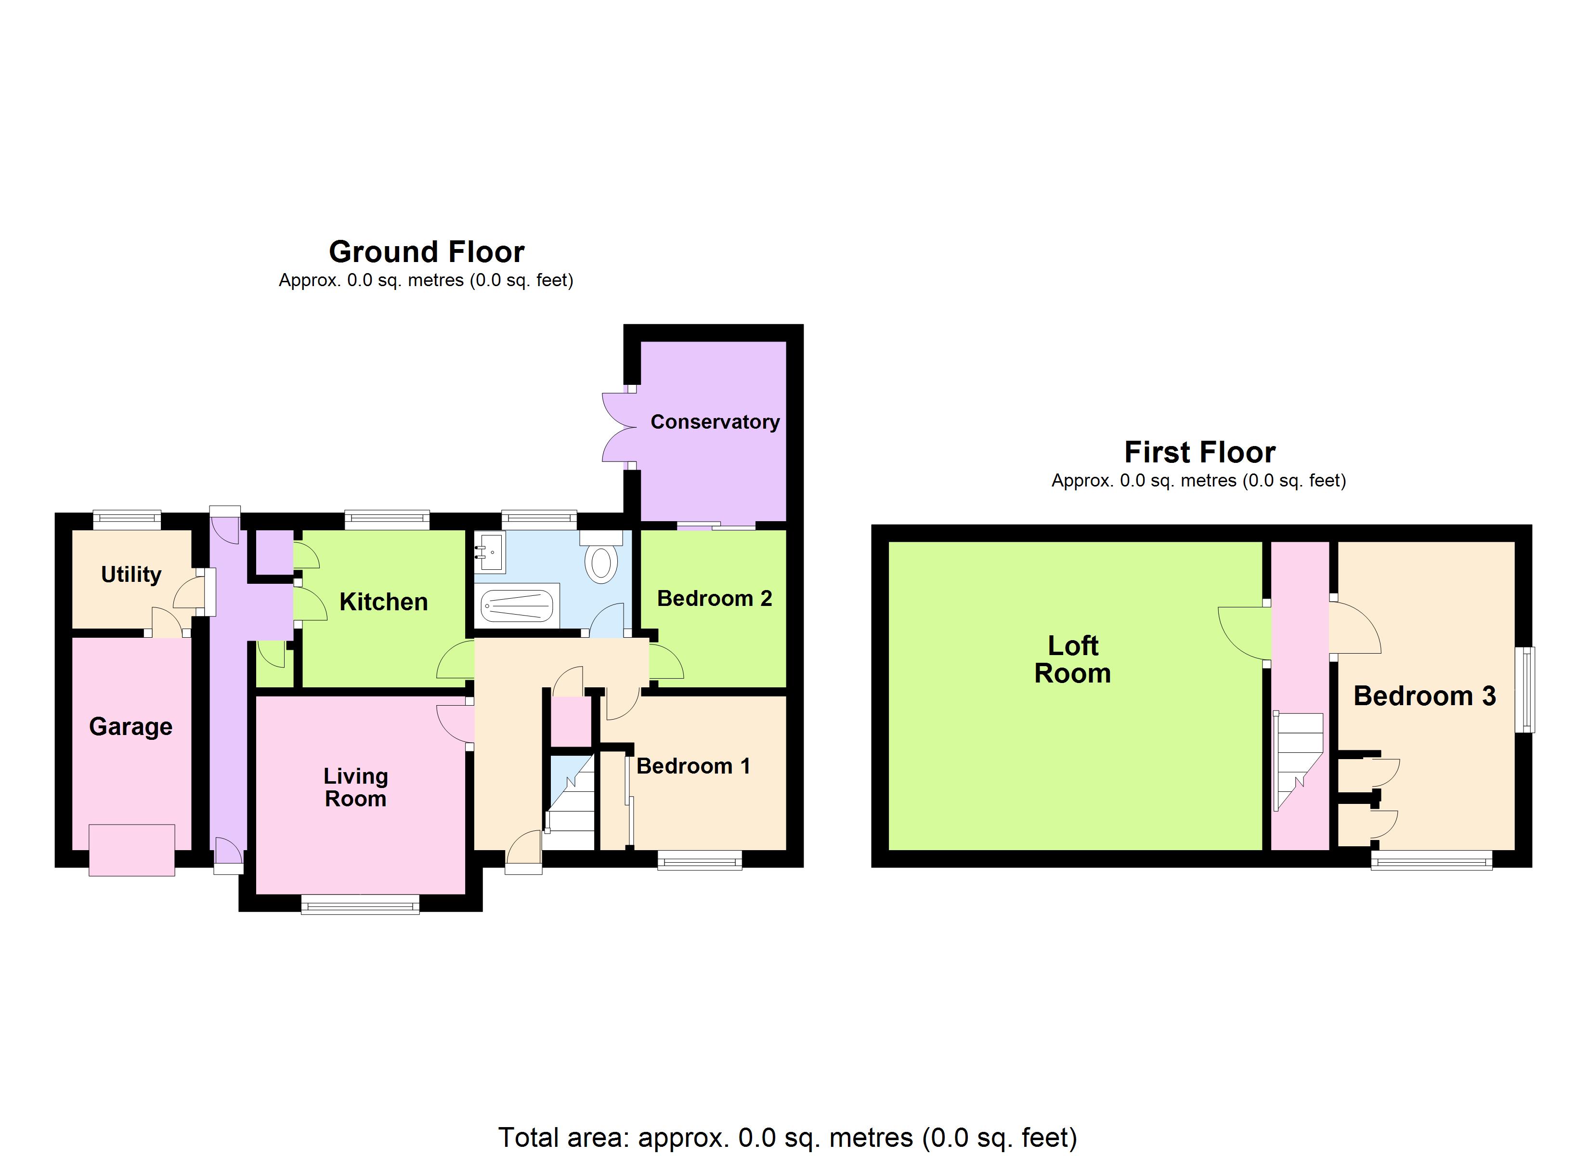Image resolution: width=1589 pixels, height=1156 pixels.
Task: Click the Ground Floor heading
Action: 426,251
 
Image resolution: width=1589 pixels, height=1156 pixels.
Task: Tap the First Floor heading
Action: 1199,452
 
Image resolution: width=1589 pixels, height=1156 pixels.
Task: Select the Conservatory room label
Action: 715,422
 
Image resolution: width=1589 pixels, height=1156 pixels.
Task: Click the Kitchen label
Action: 383,602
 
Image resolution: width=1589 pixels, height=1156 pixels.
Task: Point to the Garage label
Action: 130,726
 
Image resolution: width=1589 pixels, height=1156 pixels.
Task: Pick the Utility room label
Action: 131,574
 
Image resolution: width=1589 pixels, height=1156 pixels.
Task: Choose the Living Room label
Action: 355,787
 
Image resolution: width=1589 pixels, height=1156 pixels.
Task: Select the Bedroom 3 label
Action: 1424,696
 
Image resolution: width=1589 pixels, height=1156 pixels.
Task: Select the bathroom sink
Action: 490,552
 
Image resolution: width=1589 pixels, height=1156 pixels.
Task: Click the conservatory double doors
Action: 616,428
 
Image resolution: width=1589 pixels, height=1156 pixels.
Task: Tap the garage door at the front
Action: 132,850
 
